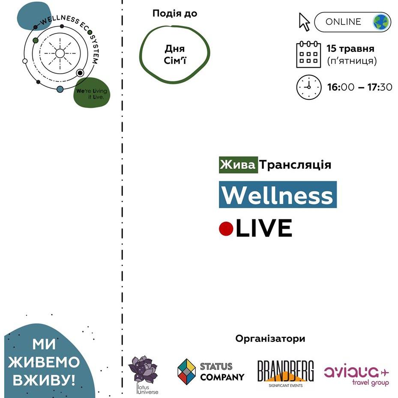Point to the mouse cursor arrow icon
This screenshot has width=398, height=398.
[x=304, y=21]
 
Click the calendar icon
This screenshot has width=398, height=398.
[x=308, y=54]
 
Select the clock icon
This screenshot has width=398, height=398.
[x=308, y=87]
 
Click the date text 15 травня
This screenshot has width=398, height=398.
[x=350, y=48]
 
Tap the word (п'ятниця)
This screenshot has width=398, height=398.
[x=352, y=61]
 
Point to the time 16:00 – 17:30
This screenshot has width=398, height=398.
[x=359, y=87]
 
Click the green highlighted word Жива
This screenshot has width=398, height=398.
[x=238, y=165]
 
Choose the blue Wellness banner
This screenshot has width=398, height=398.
[x=278, y=195]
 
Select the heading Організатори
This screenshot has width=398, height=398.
[x=270, y=339]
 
